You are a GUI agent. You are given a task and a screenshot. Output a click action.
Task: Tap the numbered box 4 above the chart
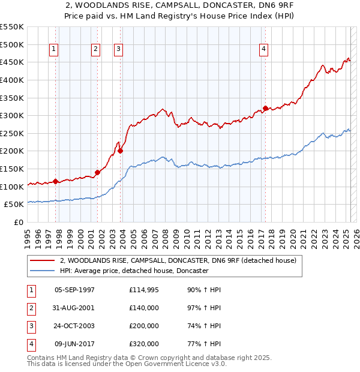pos(264,50)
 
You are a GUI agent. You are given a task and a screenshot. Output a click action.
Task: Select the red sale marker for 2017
pos(265,108)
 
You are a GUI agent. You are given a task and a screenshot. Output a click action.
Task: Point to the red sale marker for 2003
pos(120,151)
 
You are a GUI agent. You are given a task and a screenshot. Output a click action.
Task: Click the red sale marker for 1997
pos(55,181)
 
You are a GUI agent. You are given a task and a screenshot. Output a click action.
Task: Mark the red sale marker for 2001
pos(97,172)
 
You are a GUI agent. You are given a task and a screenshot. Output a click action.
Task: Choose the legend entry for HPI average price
pos(133,271)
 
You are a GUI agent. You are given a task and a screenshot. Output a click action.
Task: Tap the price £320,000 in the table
pos(144,344)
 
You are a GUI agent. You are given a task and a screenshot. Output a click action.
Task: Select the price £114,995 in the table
pos(144,290)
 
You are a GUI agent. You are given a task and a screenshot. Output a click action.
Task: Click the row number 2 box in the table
pos(31,308)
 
